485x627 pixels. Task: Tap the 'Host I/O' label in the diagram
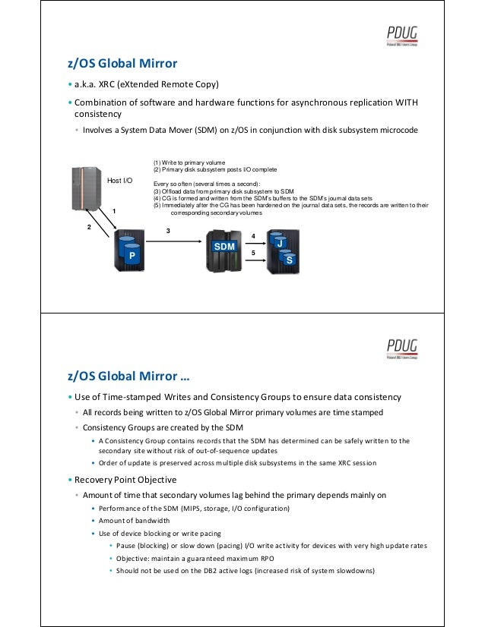pos(119,181)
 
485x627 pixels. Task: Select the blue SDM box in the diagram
pos(224,247)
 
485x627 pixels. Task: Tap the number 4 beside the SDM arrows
pos(253,237)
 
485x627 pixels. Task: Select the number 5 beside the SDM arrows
pos(253,251)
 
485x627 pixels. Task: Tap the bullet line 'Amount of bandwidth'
pos(132,520)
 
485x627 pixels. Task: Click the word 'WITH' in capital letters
pos(404,102)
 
